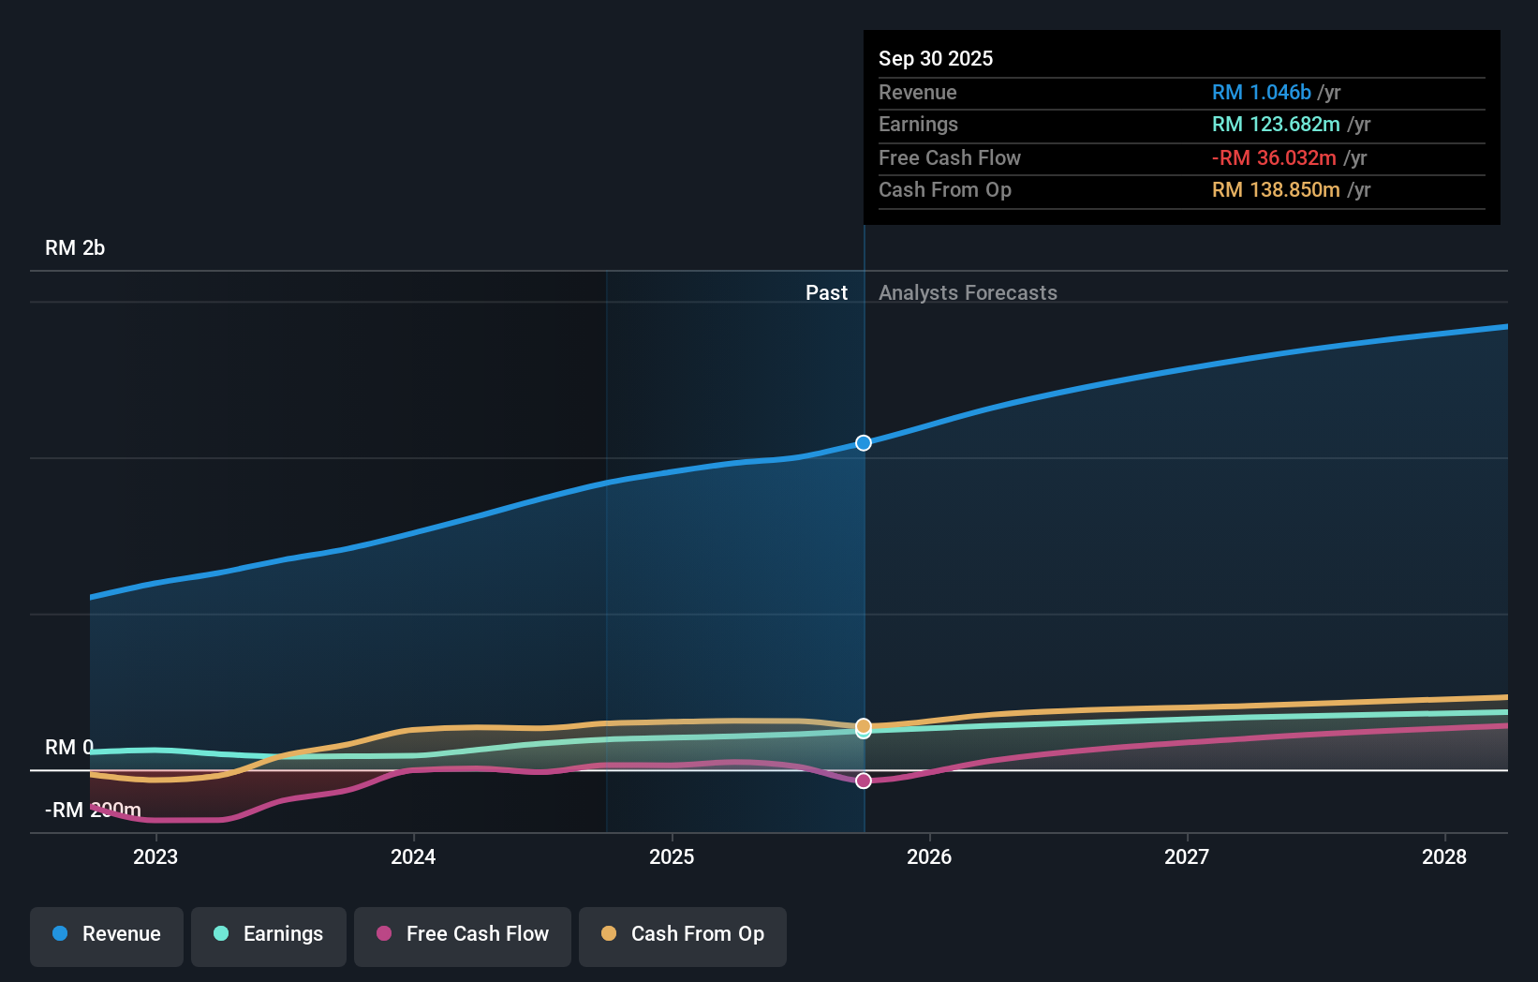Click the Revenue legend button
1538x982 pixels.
click(x=107, y=934)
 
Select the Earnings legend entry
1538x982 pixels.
click(x=269, y=934)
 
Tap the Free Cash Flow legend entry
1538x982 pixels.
click(x=463, y=934)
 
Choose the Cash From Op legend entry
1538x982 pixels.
click(x=683, y=934)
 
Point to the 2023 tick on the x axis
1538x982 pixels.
click(x=155, y=856)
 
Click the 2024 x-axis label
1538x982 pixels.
click(x=413, y=856)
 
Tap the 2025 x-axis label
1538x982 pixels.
click(x=672, y=856)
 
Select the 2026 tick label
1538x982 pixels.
click(x=929, y=856)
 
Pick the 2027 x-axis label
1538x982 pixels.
click(x=1187, y=856)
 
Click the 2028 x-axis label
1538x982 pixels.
click(x=1444, y=856)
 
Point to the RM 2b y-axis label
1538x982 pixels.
click(x=75, y=248)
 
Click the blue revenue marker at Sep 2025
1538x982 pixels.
click(x=864, y=442)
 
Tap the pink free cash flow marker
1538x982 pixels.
click(x=864, y=781)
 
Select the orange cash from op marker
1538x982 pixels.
click(x=864, y=725)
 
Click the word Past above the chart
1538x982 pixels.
click(x=826, y=293)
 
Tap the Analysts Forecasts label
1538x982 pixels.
click(x=968, y=293)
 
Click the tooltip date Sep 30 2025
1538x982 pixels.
click(x=936, y=58)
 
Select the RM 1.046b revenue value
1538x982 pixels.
click(x=1261, y=93)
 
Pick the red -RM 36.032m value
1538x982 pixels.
click(x=1274, y=158)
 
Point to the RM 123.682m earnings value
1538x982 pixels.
click(x=1276, y=125)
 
